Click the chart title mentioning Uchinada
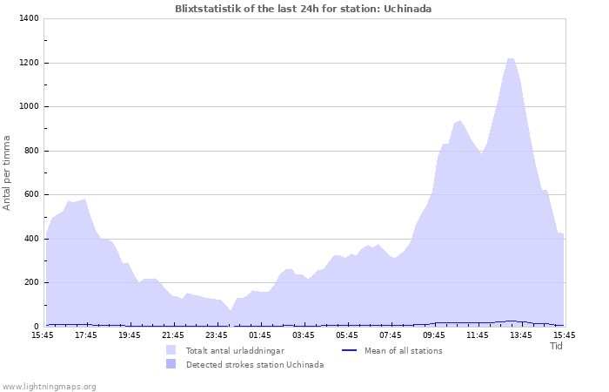tap(303, 9)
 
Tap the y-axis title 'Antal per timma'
tap(7, 172)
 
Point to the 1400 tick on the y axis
tap(29, 19)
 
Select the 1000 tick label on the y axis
tap(29, 107)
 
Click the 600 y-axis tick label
tap(31, 195)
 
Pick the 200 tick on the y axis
tap(31, 283)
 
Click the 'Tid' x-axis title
tap(557, 346)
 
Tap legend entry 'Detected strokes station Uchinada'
tap(254, 365)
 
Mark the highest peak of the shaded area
tap(511, 58)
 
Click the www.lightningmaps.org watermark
tap(49, 387)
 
